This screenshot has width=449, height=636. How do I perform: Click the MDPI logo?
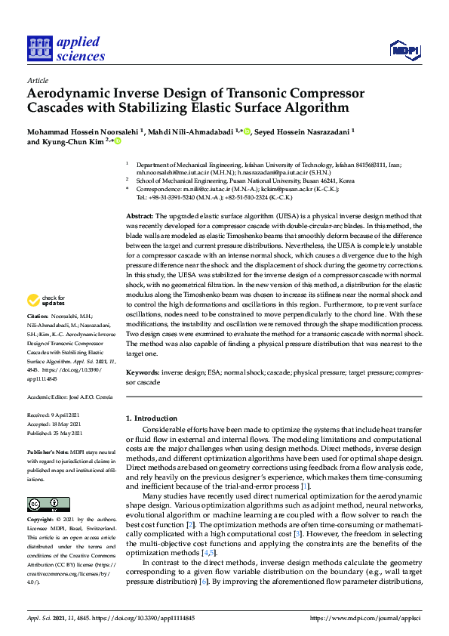click(404, 50)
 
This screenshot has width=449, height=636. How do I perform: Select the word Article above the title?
click(37, 79)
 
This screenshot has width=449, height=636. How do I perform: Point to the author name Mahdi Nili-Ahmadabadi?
click(189, 130)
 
